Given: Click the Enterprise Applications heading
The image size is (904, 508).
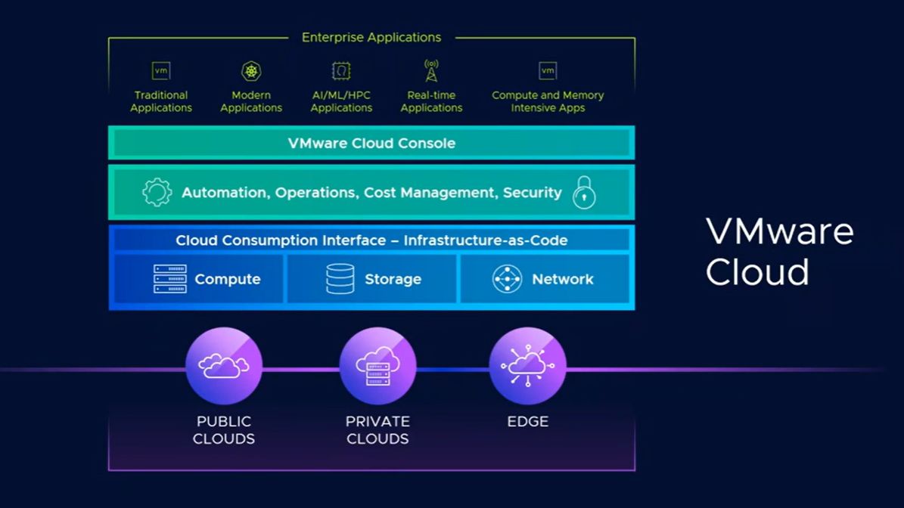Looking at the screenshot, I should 371,37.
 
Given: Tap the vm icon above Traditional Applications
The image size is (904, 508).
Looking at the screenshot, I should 161,71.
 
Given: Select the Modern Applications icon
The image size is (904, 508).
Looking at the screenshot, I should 251,71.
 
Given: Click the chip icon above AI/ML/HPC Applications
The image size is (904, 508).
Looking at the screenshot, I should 341,71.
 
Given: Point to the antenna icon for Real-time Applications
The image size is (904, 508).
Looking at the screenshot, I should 431,71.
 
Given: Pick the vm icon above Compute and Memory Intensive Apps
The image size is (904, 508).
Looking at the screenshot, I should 548,71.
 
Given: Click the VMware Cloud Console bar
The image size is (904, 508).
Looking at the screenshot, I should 371,143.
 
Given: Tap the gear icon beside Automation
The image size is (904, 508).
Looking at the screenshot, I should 157,193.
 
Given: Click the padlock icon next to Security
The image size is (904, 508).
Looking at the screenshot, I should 584,193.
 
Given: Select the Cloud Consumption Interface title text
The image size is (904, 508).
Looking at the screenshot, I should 371,240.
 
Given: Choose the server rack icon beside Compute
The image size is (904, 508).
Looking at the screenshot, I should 170,279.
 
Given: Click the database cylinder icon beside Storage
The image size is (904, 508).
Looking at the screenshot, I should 340,279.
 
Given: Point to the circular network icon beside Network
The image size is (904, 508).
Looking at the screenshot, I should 507,279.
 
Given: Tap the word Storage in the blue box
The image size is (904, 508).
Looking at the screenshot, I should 393,280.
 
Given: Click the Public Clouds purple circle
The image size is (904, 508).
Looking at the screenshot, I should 224,366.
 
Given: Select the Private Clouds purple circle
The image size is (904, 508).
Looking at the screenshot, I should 377,366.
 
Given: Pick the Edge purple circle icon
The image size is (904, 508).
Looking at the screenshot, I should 527,366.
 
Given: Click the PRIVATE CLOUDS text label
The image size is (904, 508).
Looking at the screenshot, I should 377,430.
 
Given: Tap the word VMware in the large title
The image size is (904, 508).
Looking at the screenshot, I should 780,231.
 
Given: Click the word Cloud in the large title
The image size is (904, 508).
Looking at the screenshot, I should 757,272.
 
